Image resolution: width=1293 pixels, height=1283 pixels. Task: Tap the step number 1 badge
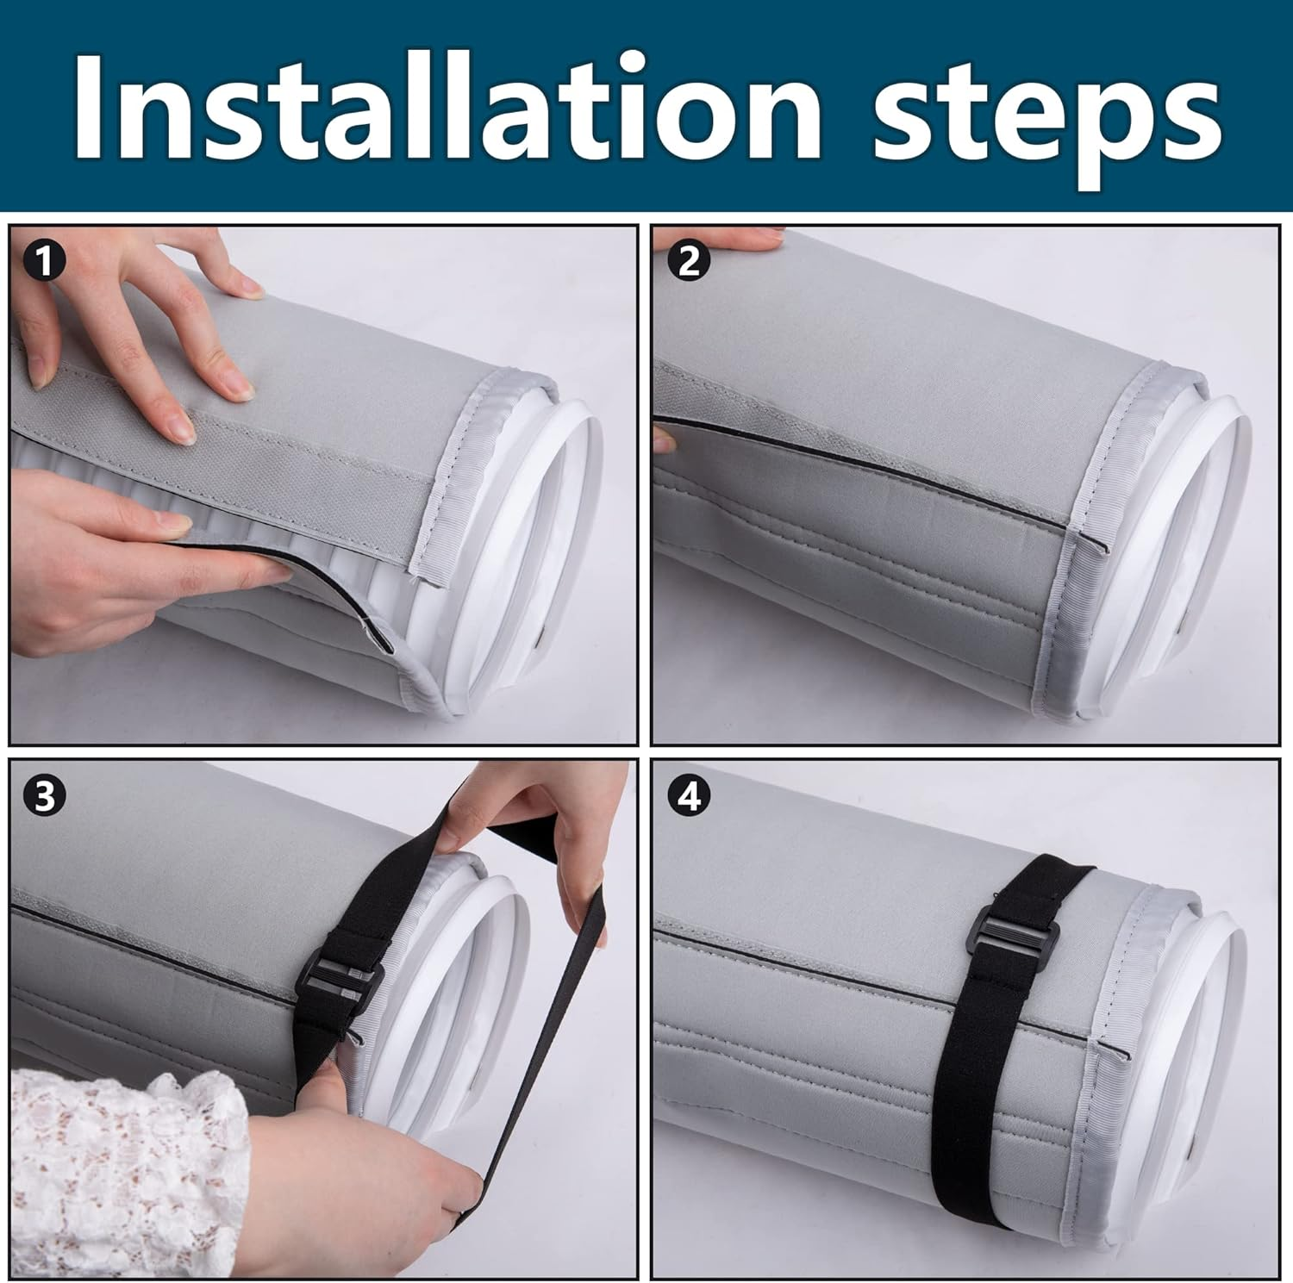[44, 259]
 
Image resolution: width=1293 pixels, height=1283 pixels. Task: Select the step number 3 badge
[44, 797]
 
